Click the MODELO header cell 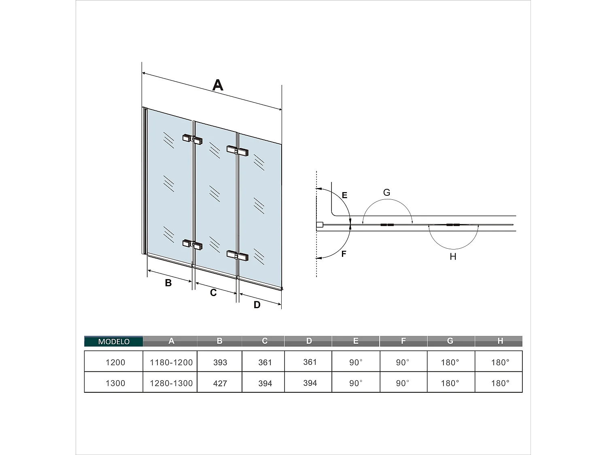click(114, 341)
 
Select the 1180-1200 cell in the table click(171, 362)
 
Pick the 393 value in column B click(220, 362)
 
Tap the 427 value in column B click(220, 383)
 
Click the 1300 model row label click(115, 383)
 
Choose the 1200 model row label click(115, 362)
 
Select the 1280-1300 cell click(171, 383)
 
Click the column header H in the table click(500, 341)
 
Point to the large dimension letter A click(218, 85)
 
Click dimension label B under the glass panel click(168, 283)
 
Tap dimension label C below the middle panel click(213, 292)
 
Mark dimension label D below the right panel click(257, 305)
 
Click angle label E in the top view click(344, 195)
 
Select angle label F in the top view click(344, 254)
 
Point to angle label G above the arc click(386, 193)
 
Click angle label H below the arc click(453, 256)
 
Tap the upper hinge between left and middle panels click(193, 140)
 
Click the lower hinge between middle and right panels click(238, 256)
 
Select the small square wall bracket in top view click(319, 224)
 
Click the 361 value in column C click(265, 362)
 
